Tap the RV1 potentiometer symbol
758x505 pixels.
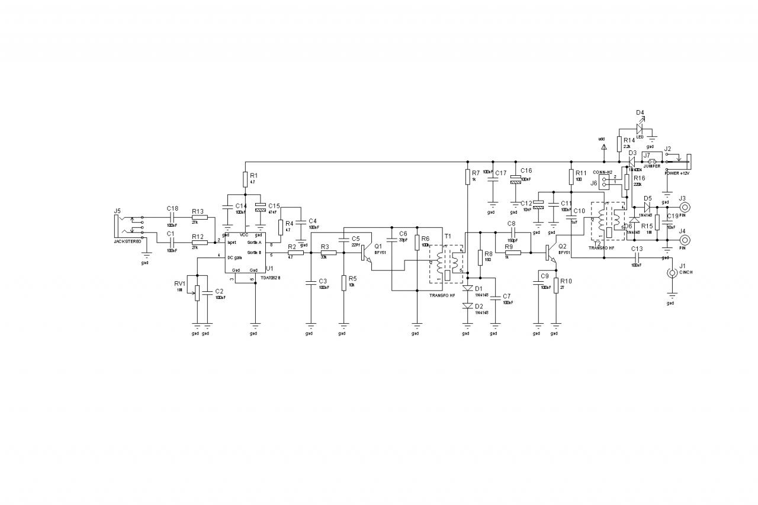click(197, 291)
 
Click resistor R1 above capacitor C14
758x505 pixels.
click(245, 179)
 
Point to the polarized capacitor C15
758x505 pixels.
click(259, 208)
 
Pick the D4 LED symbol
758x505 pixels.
click(640, 128)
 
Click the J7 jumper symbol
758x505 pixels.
click(652, 161)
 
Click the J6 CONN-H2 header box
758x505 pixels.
click(605, 181)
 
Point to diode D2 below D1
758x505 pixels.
click(467, 305)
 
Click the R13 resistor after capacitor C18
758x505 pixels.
click(200, 217)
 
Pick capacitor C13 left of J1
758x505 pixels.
click(636, 258)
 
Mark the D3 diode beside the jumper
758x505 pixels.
click(632, 160)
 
